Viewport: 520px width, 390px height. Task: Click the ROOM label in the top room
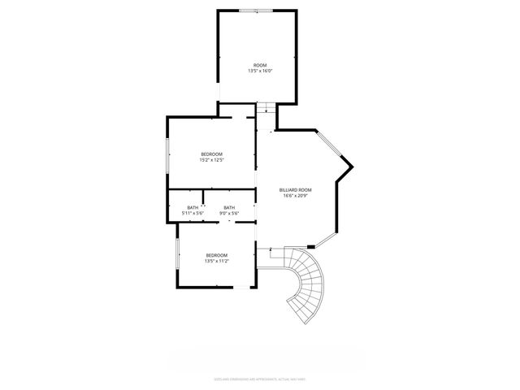[259, 65]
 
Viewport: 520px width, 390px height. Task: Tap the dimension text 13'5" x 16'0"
[259, 71]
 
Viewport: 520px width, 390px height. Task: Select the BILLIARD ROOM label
[296, 190]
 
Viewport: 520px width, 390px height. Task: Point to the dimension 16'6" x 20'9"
[296, 196]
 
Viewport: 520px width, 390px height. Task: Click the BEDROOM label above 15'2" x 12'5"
[211, 154]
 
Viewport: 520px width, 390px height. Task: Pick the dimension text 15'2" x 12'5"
[211, 160]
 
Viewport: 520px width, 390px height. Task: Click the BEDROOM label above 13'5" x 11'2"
[216, 256]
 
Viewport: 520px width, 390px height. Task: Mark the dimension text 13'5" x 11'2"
[216, 262]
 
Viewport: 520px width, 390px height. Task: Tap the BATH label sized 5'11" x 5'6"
[193, 208]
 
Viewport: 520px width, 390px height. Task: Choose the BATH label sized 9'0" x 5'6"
[229, 208]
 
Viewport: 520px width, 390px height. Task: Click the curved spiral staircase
[304, 284]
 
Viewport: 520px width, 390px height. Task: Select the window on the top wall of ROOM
[256, 11]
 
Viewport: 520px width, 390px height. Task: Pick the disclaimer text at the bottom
[259, 379]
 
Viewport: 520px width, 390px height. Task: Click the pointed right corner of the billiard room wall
[353, 167]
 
